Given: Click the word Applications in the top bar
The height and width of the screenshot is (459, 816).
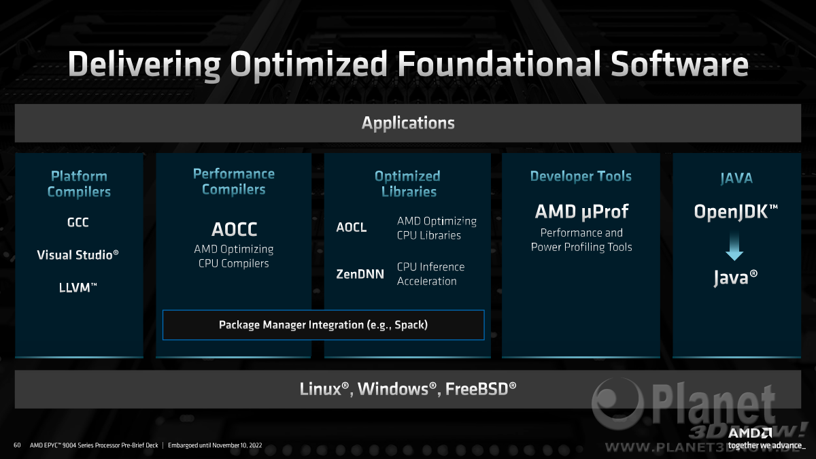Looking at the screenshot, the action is (408, 123).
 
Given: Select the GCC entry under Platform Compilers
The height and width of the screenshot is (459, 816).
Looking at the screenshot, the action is (78, 222).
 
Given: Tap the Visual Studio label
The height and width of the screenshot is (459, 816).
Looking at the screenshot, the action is (78, 254).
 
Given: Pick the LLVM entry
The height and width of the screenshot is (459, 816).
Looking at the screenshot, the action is (78, 288).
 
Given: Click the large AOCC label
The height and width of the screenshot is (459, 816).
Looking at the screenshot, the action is (234, 229).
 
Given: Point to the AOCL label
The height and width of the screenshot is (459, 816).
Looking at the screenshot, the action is (351, 227).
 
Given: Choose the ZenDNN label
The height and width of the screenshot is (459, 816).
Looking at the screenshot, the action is (360, 274).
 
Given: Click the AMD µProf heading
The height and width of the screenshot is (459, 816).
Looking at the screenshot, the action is (581, 211).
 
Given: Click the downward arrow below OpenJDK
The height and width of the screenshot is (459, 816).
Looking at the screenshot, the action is (734, 246).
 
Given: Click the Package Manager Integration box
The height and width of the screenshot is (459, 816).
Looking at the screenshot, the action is (324, 325).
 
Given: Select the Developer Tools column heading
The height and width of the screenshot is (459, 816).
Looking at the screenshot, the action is (581, 176).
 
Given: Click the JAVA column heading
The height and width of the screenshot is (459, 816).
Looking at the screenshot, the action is (736, 178).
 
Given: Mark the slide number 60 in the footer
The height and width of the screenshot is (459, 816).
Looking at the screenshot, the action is (17, 445).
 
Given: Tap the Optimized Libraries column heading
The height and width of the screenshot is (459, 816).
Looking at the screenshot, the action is (408, 184).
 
